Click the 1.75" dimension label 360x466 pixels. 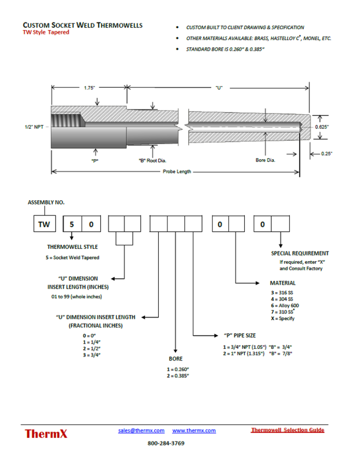point(89,87)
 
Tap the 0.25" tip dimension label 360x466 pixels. point(326,154)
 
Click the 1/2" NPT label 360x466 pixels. point(34,127)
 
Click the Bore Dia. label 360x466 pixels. point(265,160)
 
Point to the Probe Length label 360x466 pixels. point(177,172)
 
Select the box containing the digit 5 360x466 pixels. point(71,224)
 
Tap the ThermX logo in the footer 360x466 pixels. point(46,433)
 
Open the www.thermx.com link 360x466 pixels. point(194,431)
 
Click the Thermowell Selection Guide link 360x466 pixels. point(287,430)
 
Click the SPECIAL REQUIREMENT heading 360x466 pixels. point(300,253)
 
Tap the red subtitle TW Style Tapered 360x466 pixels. point(46,33)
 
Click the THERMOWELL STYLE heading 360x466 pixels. point(72,247)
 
